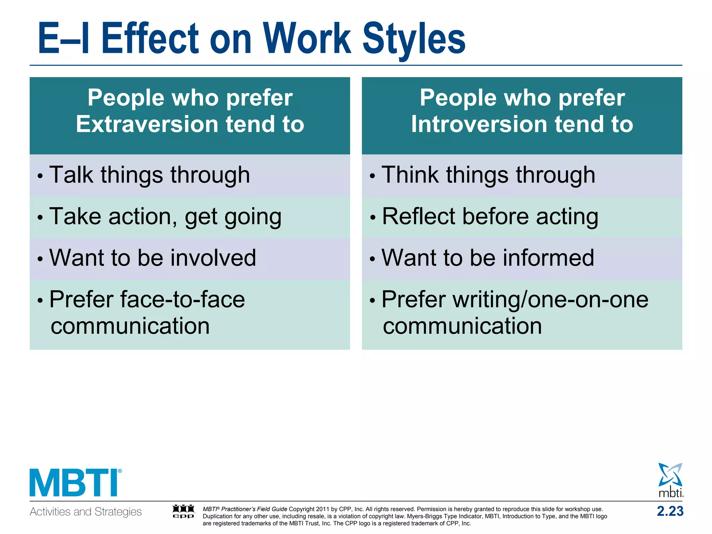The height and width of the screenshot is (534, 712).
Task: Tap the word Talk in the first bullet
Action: coord(71,175)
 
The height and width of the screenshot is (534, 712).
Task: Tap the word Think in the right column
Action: coord(410,175)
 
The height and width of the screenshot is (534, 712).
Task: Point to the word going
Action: coord(253,217)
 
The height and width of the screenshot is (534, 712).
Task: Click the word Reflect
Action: coord(419,217)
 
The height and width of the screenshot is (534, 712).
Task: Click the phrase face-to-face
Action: coord(182,299)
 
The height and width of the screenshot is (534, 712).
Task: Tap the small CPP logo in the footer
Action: coord(184,511)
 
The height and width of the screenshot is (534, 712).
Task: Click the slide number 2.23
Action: coord(670,511)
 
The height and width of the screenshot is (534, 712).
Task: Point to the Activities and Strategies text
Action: coord(86,512)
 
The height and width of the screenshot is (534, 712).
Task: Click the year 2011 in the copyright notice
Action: coord(322,509)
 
